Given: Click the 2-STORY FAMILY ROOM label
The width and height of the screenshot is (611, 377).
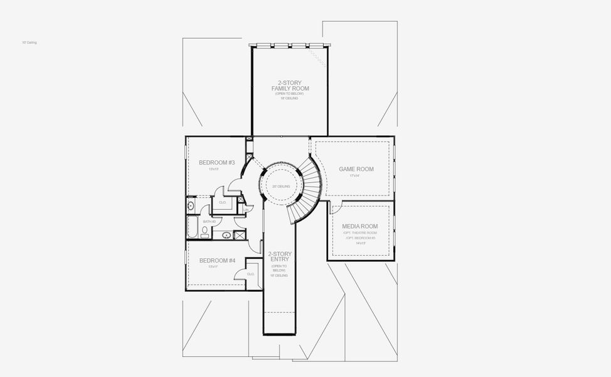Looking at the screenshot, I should click(290, 85).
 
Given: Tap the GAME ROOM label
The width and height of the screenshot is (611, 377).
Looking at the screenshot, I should click(356, 169).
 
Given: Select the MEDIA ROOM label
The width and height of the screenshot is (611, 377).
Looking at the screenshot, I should click(359, 226).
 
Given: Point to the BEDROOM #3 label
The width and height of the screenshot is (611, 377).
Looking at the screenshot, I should click(216, 163).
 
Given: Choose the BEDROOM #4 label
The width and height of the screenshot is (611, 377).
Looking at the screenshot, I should click(217, 261).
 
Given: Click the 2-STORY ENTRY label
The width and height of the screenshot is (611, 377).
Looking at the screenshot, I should click(280, 258).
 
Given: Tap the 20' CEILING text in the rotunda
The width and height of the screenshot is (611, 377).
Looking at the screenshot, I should click(280, 187).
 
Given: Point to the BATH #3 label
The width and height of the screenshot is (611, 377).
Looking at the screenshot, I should click(209, 221).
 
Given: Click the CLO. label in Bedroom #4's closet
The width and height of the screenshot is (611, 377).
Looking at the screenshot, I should click(250, 274).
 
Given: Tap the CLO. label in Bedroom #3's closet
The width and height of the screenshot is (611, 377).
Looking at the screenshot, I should click(222, 202).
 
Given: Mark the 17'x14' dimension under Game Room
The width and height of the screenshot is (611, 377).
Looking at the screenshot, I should click(355, 176).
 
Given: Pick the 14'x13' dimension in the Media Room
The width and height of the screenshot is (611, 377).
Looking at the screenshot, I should click(359, 244).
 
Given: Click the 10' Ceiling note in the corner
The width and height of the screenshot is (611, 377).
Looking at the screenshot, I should click(29, 43).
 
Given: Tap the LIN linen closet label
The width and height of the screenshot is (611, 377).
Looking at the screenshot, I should click(246, 209).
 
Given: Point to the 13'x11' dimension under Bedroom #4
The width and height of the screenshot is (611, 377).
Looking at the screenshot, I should click(213, 267).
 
